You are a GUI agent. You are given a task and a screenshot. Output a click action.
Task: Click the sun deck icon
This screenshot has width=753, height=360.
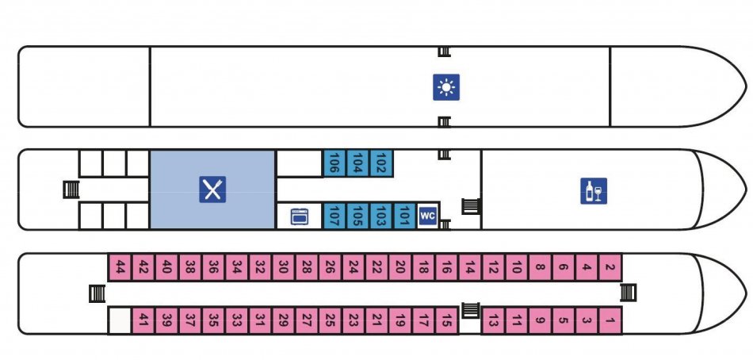tap(446, 87)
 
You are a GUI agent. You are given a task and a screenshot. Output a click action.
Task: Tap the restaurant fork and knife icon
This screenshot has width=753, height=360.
tap(212, 190)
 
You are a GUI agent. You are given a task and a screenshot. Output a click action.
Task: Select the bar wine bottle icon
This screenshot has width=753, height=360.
tap(594, 191)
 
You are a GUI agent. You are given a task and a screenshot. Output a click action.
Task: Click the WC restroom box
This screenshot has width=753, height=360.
tap(427, 216)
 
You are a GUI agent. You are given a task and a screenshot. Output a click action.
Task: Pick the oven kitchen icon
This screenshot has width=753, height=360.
tap(300, 216)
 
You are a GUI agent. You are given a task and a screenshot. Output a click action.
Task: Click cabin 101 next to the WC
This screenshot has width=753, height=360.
tap(404, 216)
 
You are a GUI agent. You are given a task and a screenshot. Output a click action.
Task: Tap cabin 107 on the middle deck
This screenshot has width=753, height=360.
tap(334, 216)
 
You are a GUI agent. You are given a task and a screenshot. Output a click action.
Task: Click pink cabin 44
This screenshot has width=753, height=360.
tap(120, 267)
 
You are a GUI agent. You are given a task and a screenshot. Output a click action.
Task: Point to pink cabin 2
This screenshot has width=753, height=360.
tap(610, 267)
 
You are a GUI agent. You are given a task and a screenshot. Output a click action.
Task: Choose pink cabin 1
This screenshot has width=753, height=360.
tap(610, 320)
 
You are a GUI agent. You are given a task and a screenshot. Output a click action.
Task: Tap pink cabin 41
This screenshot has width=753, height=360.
tap(143, 320)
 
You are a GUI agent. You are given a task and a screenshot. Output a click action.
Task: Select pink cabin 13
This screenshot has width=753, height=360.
tap(493, 320)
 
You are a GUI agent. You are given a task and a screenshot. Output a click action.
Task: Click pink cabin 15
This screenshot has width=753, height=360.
tap(446, 320)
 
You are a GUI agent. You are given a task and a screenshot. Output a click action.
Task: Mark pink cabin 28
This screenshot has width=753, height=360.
tap(307, 267)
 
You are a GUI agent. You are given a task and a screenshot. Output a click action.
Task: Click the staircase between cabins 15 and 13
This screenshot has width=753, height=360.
tap(471, 311)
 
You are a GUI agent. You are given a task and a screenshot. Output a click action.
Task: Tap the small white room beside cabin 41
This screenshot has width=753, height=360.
tap(120, 320)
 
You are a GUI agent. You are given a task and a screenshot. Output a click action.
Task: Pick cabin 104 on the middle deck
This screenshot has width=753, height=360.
tap(358, 163)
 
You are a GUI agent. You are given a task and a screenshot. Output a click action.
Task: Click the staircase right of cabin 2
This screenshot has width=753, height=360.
tap(628, 293)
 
